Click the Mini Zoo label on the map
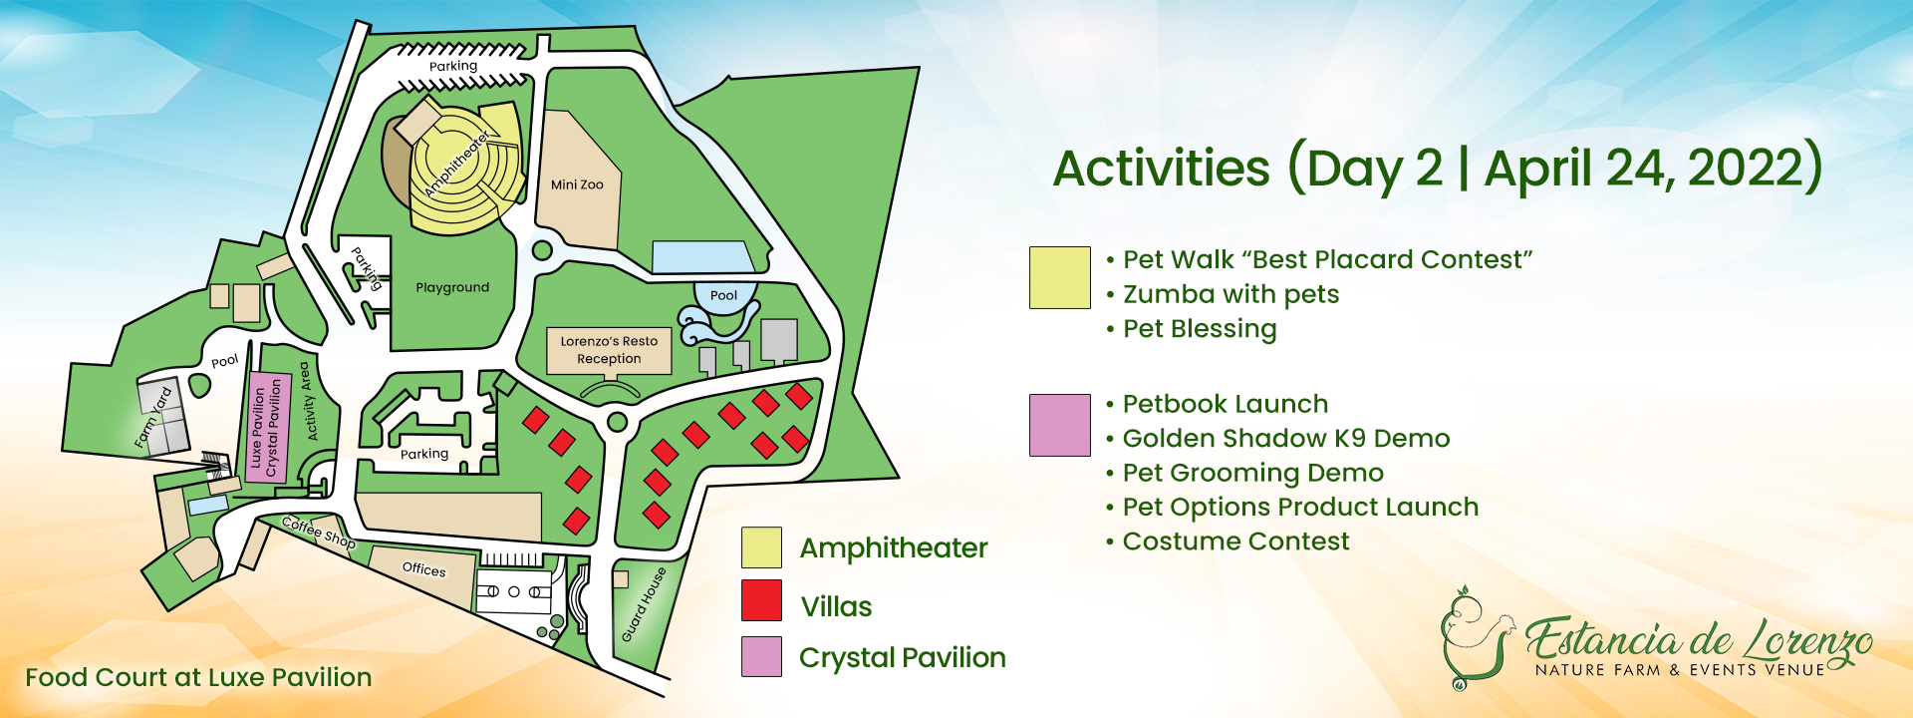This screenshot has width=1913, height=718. click(577, 184)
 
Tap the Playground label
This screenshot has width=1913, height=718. click(452, 287)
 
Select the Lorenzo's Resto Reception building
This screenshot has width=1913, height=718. click(609, 350)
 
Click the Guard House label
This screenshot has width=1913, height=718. click(644, 605)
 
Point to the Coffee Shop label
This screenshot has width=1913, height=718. click(319, 532)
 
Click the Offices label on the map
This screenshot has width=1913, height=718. click(423, 569)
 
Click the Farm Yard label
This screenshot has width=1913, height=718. click(153, 417)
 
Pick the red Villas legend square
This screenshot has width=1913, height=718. click(761, 600)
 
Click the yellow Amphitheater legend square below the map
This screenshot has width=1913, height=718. click(761, 547)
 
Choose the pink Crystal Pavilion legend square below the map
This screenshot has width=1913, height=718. click(761, 656)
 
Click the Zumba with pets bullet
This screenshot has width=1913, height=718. click(1230, 294)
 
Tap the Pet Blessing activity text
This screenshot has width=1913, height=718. click(1200, 329)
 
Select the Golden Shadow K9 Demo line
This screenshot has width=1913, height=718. click(1286, 438)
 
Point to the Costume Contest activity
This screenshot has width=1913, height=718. click(1235, 541)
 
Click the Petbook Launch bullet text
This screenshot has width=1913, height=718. click(1226, 404)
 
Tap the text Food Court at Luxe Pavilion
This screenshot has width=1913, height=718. click(198, 677)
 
